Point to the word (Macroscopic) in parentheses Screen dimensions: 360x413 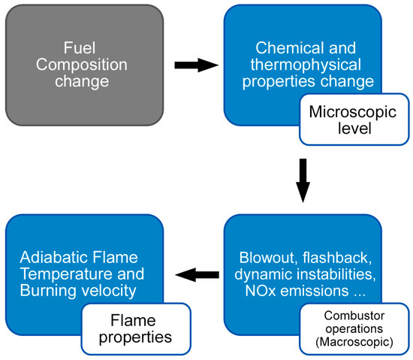click(354, 343)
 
